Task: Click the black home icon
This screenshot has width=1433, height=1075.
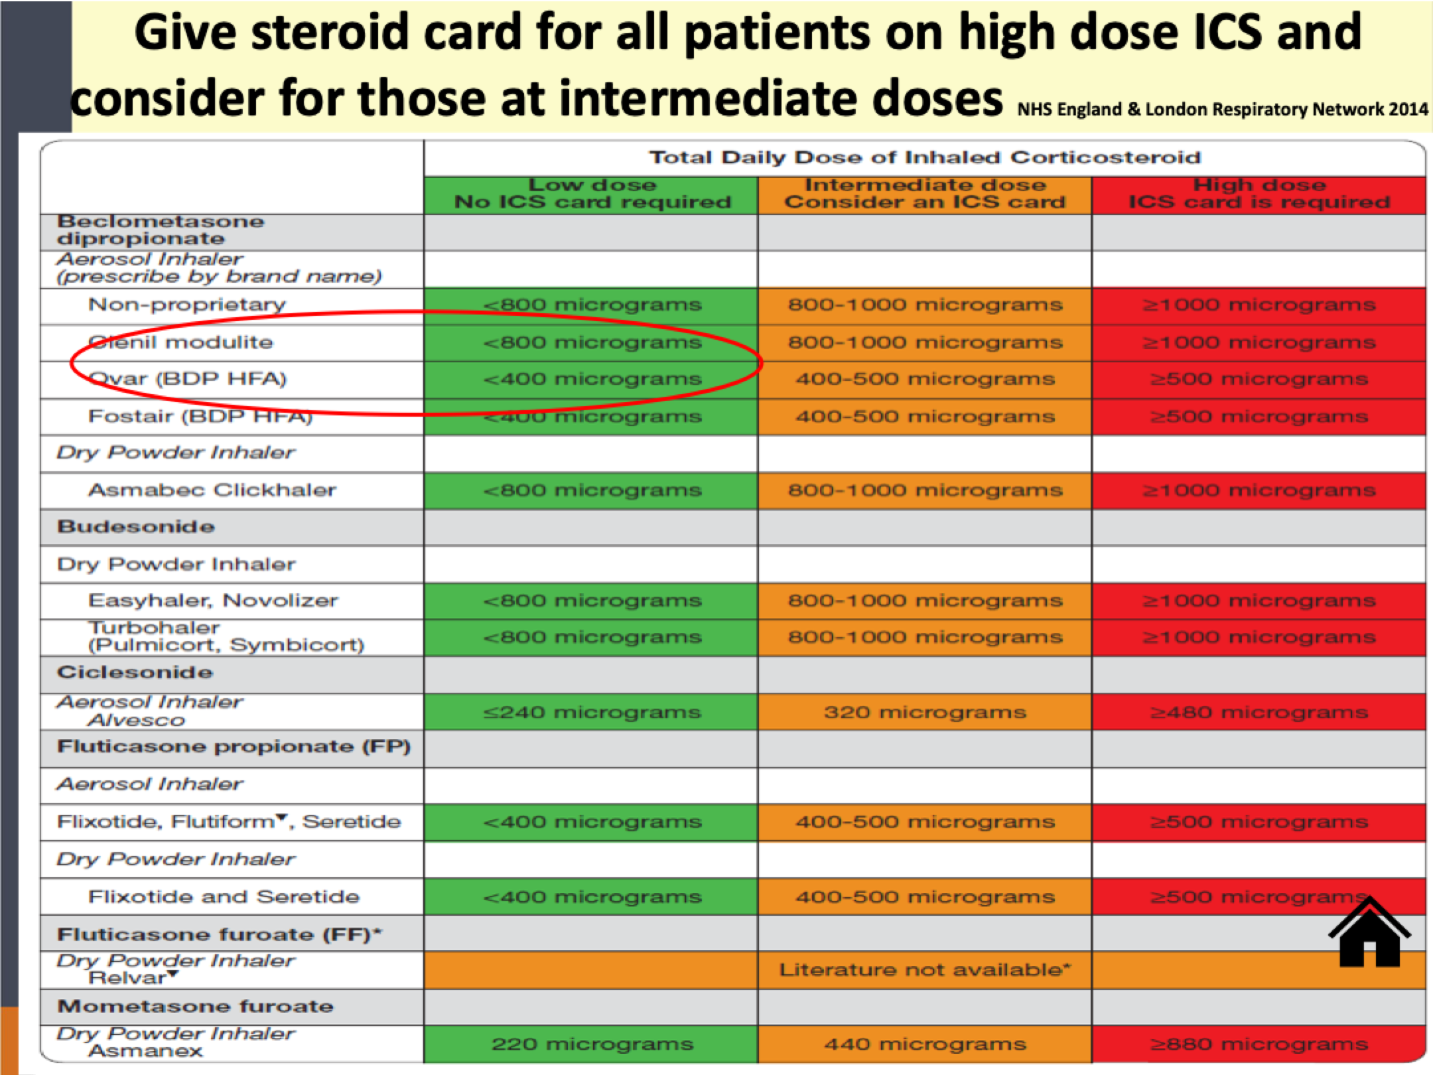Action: (x=1369, y=933)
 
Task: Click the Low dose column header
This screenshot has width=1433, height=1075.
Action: (x=591, y=194)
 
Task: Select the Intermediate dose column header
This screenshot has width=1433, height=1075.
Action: (x=925, y=194)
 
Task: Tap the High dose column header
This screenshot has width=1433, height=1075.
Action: (x=1259, y=194)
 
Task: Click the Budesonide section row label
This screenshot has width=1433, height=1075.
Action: (x=136, y=527)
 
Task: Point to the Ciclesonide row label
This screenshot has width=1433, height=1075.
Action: (x=135, y=672)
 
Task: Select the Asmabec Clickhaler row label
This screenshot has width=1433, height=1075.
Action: (x=212, y=490)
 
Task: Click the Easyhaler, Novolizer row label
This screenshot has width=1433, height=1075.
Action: (x=213, y=601)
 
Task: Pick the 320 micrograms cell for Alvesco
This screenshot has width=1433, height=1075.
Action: (x=925, y=712)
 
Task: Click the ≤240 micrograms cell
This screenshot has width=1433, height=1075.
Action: (x=591, y=712)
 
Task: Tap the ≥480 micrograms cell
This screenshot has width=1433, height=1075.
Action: (x=1259, y=712)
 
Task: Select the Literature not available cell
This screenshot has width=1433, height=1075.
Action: (x=925, y=969)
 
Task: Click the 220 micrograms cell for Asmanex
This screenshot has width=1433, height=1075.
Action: (x=591, y=1044)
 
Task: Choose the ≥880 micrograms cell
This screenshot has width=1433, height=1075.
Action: (x=1259, y=1044)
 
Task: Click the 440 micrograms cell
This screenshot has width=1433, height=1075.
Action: (x=925, y=1044)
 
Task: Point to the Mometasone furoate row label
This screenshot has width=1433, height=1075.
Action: (x=195, y=1006)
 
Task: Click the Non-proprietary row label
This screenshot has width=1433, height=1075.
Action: (x=186, y=305)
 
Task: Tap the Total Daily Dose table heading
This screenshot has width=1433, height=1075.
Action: (x=925, y=158)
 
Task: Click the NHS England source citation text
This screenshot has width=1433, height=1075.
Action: (x=1222, y=109)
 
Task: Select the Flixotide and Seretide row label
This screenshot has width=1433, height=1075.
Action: (x=224, y=896)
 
